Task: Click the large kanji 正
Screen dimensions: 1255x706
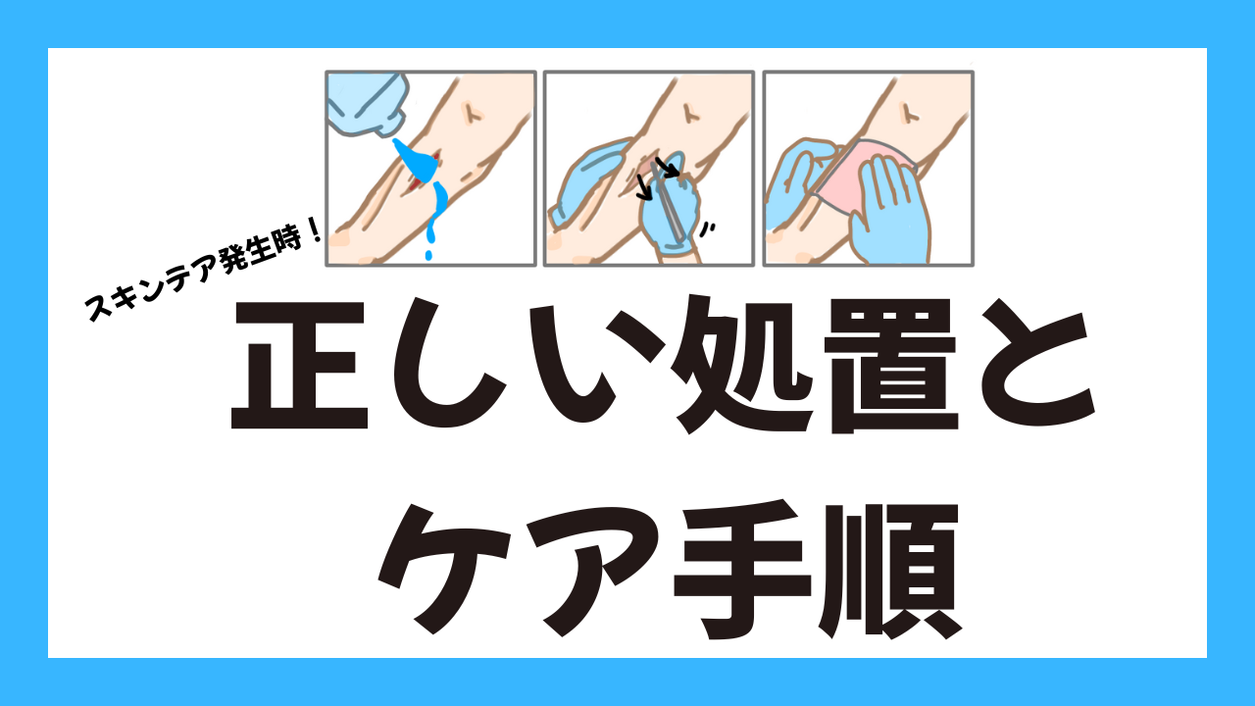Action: click(x=299, y=366)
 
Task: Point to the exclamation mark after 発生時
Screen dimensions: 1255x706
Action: click(x=314, y=231)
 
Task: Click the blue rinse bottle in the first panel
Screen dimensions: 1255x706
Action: click(x=367, y=104)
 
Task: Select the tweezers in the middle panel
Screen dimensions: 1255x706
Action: click(x=669, y=202)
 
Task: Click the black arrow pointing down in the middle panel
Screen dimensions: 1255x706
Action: click(x=644, y=187)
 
